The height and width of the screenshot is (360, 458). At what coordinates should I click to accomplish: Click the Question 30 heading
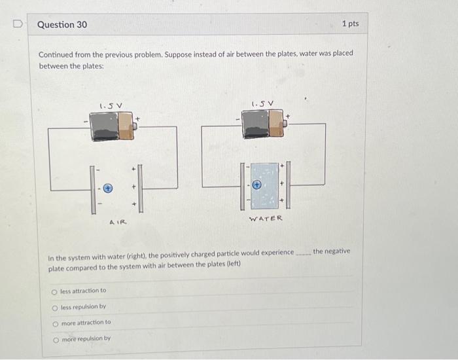[x=62, y=25]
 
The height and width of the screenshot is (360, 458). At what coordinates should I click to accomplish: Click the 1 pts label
[x=350, y=24]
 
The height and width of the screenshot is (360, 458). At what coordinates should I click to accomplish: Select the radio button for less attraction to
[x=55, y=291]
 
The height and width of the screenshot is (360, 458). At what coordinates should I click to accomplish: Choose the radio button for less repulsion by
[x=55, y=306]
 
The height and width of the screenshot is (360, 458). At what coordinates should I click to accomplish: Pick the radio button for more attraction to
[x=55, y=323]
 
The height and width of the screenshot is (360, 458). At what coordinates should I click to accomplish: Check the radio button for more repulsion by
[x=55, y=338]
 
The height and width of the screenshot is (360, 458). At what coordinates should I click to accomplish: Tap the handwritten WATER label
[x=265, y=219]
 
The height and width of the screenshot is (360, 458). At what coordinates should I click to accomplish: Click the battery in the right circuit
[x=263, y=123]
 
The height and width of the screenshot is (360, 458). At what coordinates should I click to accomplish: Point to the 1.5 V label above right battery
[x=262, y=102]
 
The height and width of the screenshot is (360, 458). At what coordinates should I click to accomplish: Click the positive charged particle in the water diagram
[x=257, y=185]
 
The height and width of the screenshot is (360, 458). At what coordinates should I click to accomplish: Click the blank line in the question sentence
[x=302, y=253]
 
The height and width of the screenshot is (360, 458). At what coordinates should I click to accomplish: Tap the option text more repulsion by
[x=86, y=338]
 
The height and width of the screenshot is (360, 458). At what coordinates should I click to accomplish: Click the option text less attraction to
[x=83, y=291]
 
